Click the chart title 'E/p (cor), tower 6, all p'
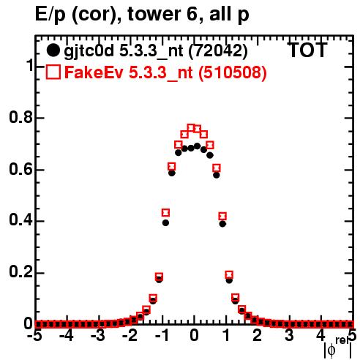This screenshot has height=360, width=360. pos(142,15)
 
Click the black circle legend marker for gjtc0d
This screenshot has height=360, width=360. pos(53,50)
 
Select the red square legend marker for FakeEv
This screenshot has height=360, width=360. pos(53,72)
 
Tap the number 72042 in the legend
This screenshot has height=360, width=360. pos(218,50)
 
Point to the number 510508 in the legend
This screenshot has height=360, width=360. pos(232,72)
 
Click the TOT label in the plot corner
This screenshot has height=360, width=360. pos(307,50)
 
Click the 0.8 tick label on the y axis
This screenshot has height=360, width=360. pos(20,117)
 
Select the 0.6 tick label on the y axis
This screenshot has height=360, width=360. pos(20,169)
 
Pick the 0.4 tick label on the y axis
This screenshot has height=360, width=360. pos(20,221)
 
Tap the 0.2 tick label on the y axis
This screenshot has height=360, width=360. pos(20,272)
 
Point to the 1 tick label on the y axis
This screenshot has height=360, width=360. pos(29,65)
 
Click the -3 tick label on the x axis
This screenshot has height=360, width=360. pos(98,336)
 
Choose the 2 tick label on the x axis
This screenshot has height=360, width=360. pos(258,336)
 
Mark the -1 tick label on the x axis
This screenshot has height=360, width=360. pos(162,336)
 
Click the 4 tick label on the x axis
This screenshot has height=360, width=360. pos(321,336)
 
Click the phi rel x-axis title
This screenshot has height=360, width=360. pos(338,348)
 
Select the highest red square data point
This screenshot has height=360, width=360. pos(191,128)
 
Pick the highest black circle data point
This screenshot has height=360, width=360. pos(198,146)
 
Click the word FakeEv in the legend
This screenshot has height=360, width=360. pos(94,72)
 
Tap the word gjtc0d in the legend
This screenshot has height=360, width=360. pos(89,52)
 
